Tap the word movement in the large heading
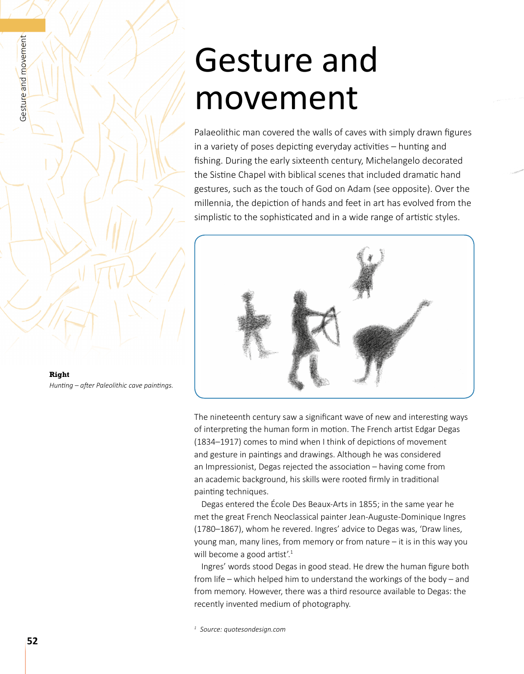pyautogui.click(x=276, y=98)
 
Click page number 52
pyautogui.click(x=32, y=641)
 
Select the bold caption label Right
pyautogui.click(x=59, y=374)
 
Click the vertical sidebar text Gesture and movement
pyautogui.click(x=23, y=78)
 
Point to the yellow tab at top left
pyautogui.click(x=22, y=25)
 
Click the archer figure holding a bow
pyautogui.click(x=305, y=336)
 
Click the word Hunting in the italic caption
pyautogui.click(x=61, y=385)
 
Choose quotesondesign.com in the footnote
pyautogui.click(x=254, y=629)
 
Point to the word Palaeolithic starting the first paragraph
pyautogui.click(x=220, y=132)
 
